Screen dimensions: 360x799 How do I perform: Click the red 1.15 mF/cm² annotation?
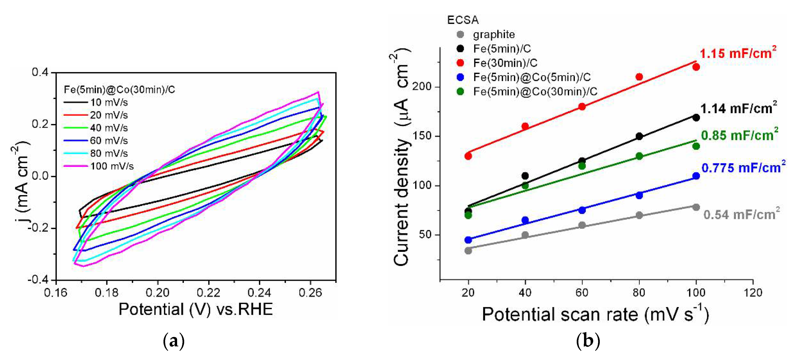pyautogui.click(x=738, y=53)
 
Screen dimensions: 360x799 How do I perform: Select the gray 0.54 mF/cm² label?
pyautogui.click(x=741, y=215)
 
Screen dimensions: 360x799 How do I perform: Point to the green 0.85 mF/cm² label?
pyautogui.click(x=739, y=135)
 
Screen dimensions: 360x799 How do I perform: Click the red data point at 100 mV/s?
pyautogui.click(x=696, y=67)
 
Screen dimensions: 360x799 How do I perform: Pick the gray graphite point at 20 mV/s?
pyautogui.click(x=468, y=251)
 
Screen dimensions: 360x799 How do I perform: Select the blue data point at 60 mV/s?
pyautogui.click(x=582, y=210)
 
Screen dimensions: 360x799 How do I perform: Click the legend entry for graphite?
pyautogui.click(x=493, y=34)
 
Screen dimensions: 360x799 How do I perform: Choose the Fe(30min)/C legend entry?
pyautogui.click(x=505, y=63)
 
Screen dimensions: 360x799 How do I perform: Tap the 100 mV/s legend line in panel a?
pyautogui.click(x=76, y=166)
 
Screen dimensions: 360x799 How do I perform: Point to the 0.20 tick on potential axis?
pyautogui.click(x=158, y=293)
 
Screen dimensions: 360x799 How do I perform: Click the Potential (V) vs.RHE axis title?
pyautogui.click(x=195, y=309)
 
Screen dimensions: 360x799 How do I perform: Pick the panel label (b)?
pyautogui.click(x=588, y=341)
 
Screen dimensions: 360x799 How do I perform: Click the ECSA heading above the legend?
pyautogui.click(x=462, y=20)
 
